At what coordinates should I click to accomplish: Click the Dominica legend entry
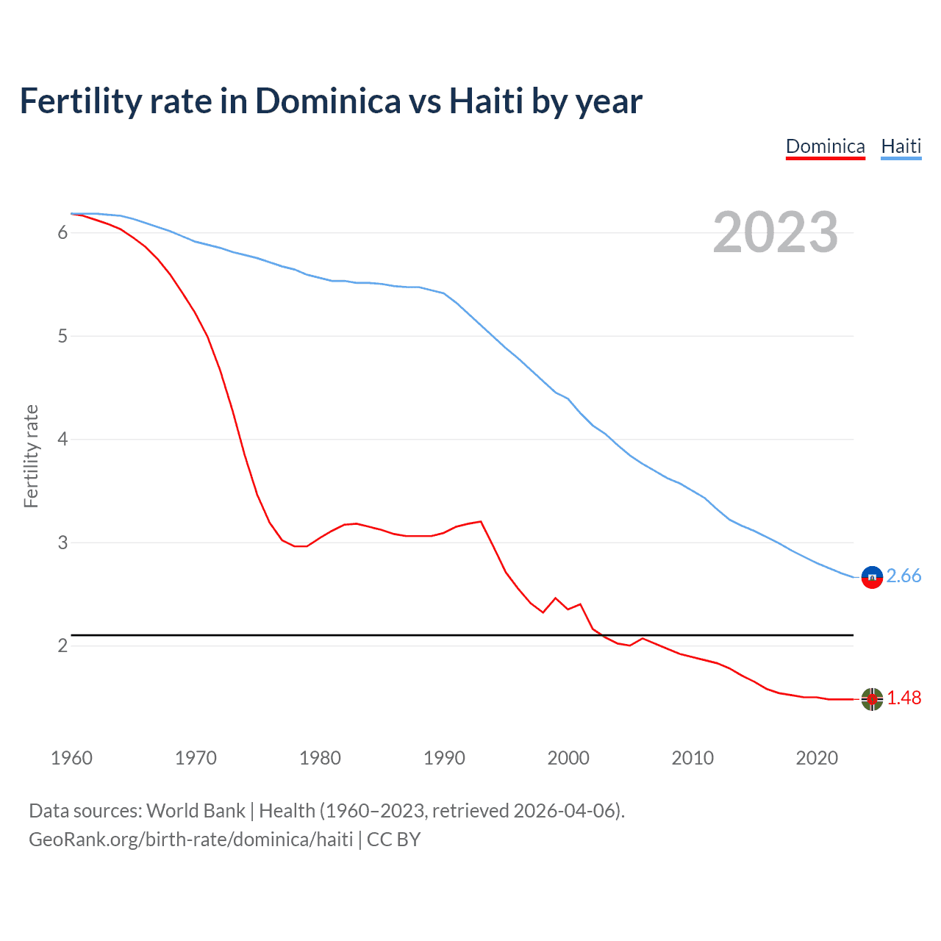click(825, 146)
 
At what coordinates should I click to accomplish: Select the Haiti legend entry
click(901, 146)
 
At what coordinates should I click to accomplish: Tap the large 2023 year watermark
click(775, 232)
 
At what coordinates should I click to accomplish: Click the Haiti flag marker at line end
click(872, 577)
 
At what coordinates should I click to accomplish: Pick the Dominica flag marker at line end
click(872, 699)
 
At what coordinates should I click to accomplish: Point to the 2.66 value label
click(904, 576)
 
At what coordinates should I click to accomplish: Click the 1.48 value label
click(904, 698)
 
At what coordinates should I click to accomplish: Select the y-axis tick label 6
click(62, 233)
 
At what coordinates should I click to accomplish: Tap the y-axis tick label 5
click(62, 337)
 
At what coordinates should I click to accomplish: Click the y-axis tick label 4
click(62, 440)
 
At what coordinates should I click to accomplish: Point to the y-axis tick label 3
click(62, 543)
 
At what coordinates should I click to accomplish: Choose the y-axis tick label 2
click(62, 646)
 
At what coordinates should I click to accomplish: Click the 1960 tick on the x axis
click(71, 758)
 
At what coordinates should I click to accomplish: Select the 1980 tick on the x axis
click(320, 758)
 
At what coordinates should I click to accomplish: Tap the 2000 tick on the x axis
click(568, 758)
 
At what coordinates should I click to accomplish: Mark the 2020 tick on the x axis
click(817, 758)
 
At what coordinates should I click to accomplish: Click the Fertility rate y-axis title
click(31, 456)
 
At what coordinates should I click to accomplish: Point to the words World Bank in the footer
click(196, 811)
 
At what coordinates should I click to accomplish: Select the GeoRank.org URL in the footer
click(191, 840)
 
